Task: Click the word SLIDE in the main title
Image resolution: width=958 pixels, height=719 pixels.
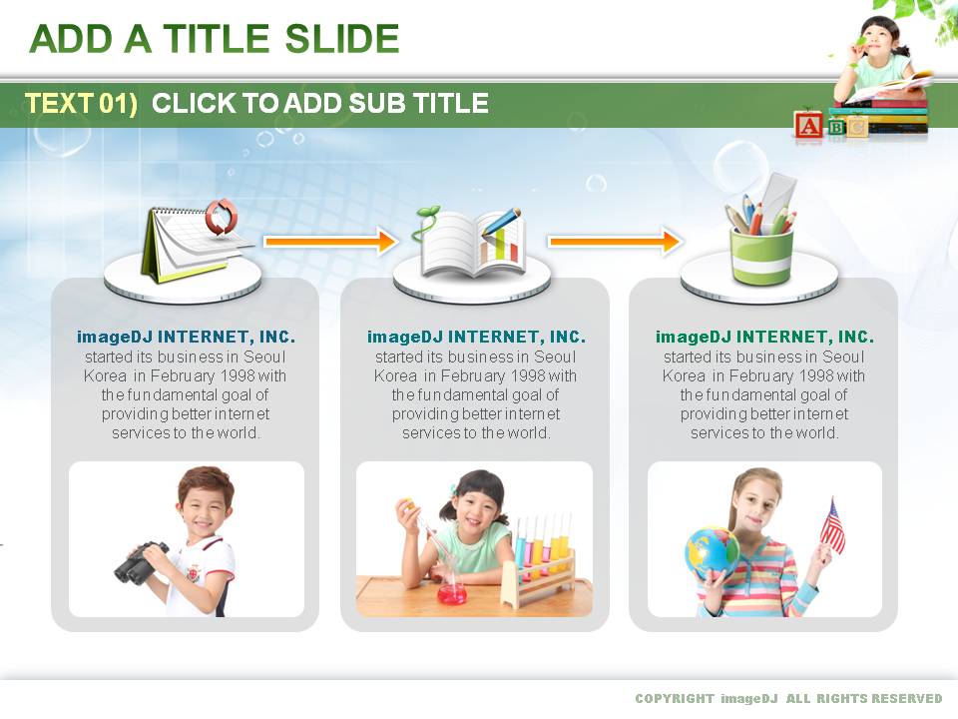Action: click(342, 39)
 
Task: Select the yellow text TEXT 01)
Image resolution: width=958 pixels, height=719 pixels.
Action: click(81, 103)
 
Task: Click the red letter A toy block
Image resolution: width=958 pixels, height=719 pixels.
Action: click(808, 126)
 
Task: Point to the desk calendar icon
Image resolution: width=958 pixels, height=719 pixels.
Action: click(191, 245)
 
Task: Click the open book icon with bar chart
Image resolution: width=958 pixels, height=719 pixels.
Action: click(471, 242)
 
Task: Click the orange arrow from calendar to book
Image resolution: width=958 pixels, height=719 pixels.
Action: click(330, 241)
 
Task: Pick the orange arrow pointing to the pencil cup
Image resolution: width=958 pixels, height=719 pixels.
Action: click(615, 241)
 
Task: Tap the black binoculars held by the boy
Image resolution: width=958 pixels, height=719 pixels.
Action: click(142, 562)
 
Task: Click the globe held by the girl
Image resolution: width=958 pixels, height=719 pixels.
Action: click(712, 552)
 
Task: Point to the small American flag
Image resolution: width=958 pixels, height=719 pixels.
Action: click(832, 526)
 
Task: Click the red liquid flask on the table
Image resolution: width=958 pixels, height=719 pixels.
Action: click(453, 593)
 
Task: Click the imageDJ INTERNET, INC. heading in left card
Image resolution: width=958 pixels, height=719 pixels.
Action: click(186, 337)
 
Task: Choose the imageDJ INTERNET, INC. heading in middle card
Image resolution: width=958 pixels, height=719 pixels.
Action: click(476, 337)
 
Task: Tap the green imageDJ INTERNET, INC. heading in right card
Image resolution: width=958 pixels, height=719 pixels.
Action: click(764, 337)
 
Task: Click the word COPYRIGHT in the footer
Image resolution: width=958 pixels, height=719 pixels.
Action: click(675, 698)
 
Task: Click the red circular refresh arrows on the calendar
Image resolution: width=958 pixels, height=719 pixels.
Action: click(221, 217)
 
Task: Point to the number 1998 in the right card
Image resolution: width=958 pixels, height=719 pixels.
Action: click(814, 375)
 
